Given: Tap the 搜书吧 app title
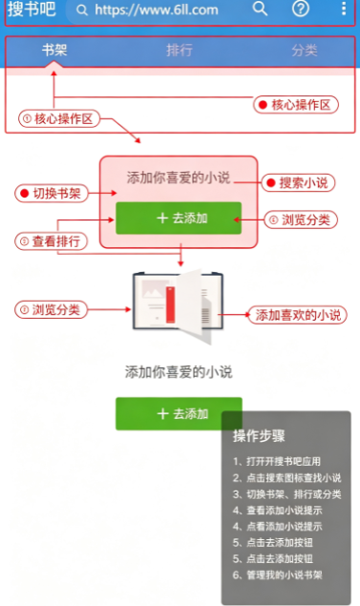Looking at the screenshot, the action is click(32, 10).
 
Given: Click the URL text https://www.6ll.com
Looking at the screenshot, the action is click(157, 10).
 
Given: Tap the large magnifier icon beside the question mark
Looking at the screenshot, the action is click(260, 9).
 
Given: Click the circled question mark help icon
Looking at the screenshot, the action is click(301, 9).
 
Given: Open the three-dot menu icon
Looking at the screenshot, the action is click(344, 9).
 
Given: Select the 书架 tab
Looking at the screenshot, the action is click(54, 50).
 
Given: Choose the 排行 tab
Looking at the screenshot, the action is click(180, 50).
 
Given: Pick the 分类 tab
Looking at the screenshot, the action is click(305, 51).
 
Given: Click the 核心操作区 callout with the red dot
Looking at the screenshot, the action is click(296, 105).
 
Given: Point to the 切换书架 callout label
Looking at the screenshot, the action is click(52, 193).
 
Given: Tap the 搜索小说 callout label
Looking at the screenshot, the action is click(298, 183).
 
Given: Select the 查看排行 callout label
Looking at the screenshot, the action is click(51, 241).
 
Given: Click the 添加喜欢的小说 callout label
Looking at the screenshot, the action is click(298, 315).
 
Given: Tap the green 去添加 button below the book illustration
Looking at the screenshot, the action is click(179, 414).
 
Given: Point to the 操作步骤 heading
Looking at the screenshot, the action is click(259, 436).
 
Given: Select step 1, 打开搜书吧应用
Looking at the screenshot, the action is click(277, 461).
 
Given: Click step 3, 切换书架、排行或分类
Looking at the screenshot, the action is click(286, 494).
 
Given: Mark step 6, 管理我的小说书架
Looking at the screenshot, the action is click(277, 575).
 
